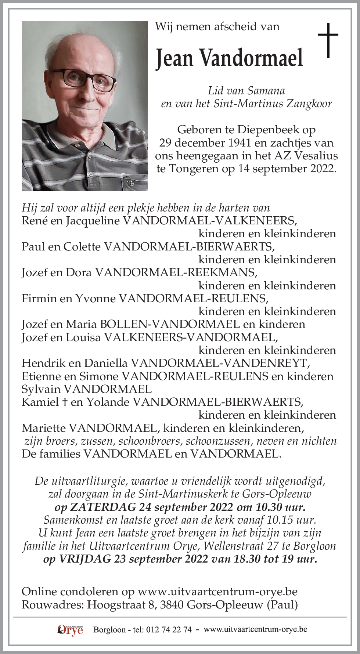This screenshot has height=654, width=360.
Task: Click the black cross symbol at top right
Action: click(x=328, y=40)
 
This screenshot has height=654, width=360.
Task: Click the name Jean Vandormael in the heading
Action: click(x=229, y=58)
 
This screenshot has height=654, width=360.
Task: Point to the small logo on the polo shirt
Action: click(x=130, y=183)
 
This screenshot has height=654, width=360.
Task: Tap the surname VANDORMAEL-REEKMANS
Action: click(x=176, y=272)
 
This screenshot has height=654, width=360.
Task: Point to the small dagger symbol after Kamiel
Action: click(x=65, y=402)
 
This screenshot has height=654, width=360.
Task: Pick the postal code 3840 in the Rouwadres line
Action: click(x=172, y=604)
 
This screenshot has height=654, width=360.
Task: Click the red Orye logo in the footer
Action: click(x=71, y=629)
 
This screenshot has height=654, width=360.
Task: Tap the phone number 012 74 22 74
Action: click(x=169, y=629)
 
